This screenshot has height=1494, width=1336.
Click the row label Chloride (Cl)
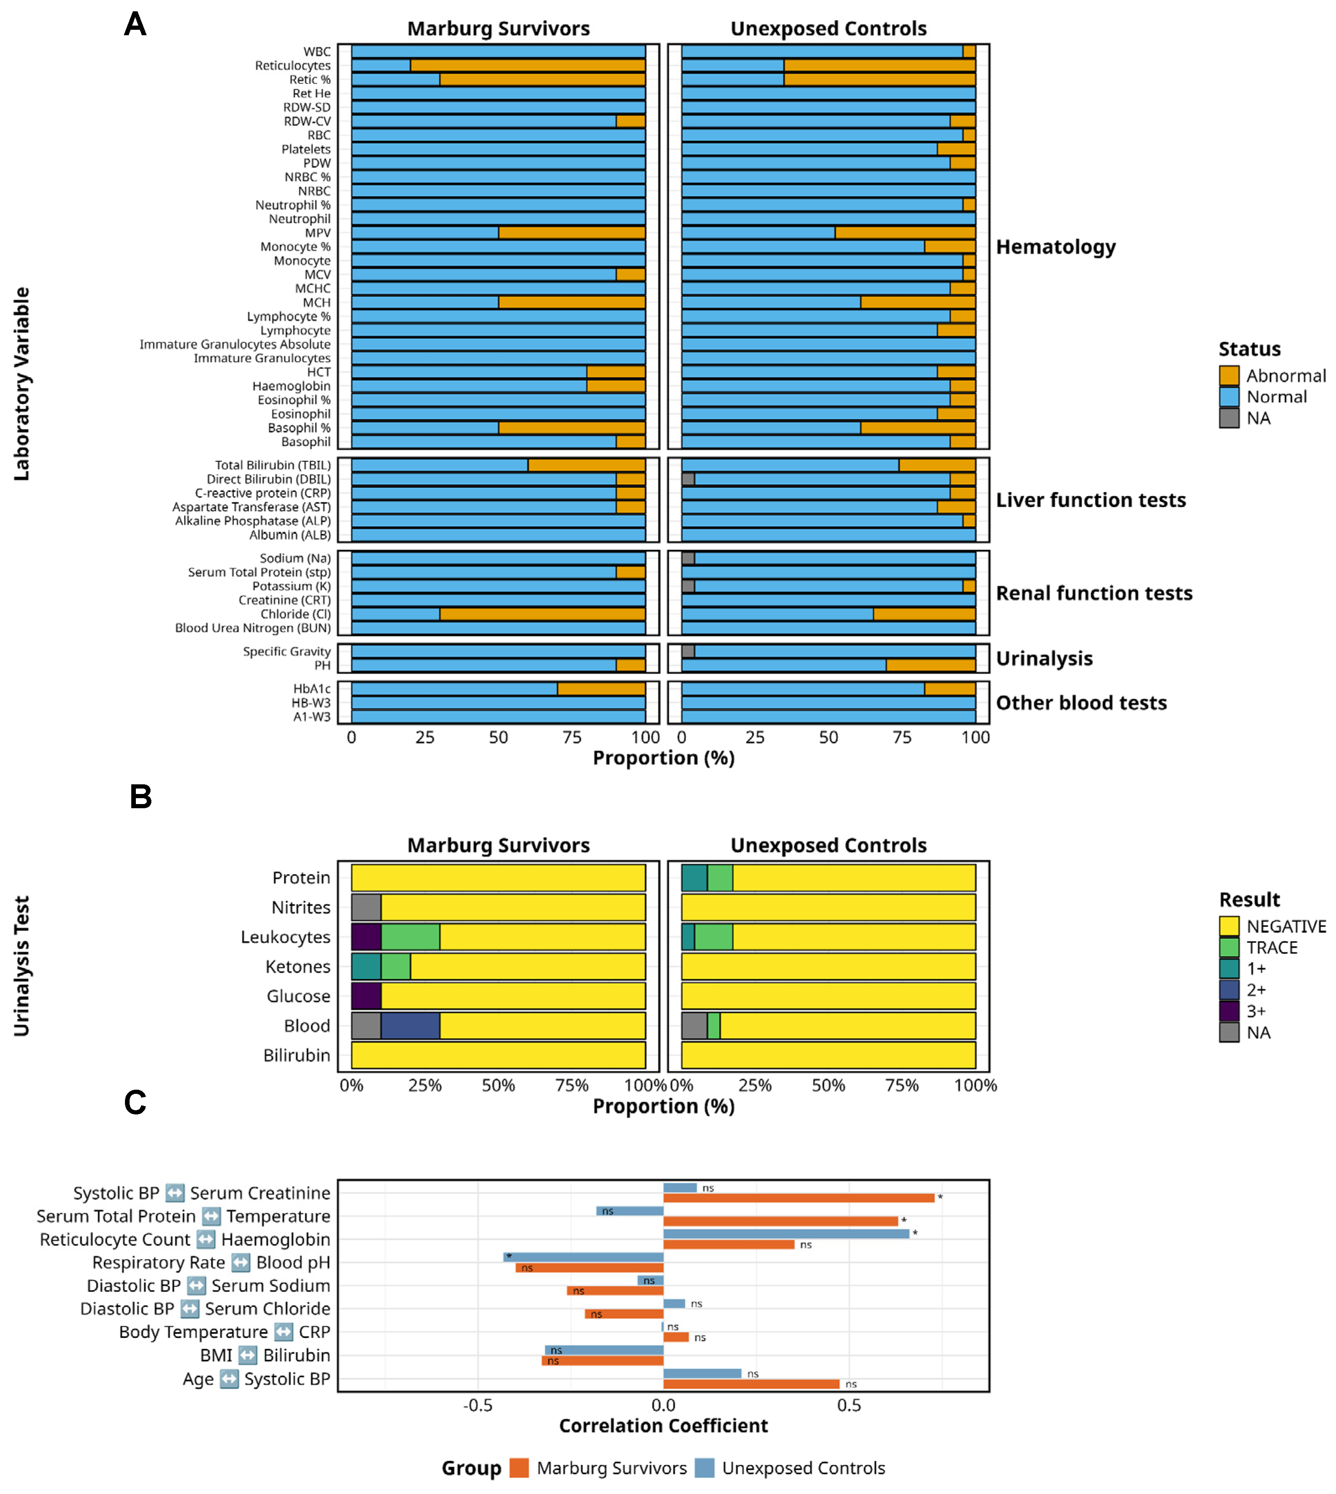click(x=295, y=614)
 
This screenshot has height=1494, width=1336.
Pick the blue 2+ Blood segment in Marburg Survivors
click(x=411, y=1025)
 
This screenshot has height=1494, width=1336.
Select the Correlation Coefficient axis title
click(x=663, y=1426)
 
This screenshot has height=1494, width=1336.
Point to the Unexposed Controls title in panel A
click(x=828, y=29)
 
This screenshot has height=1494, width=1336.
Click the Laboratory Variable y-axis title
click(x=22, y=383)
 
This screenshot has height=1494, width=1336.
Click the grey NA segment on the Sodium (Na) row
click(x=688, y=558)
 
